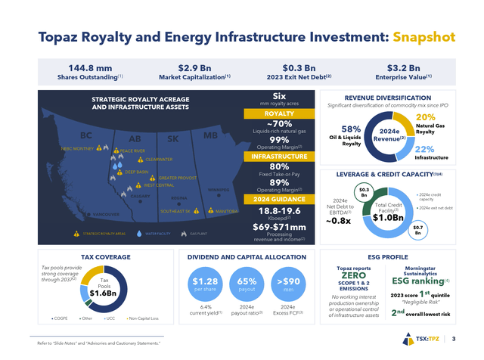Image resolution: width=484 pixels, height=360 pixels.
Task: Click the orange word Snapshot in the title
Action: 424,36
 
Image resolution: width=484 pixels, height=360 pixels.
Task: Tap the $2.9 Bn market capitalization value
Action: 194,67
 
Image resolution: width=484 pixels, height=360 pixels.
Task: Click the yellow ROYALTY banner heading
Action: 258,114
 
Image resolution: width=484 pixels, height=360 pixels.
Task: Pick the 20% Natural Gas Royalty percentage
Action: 425,118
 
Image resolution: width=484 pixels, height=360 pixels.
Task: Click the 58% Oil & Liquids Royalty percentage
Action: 350,129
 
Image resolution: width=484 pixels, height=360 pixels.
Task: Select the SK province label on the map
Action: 173,138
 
